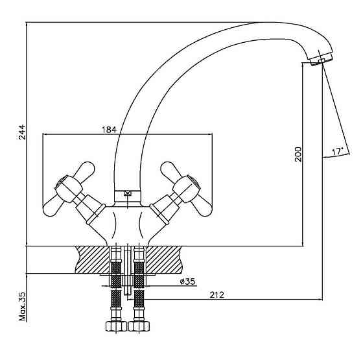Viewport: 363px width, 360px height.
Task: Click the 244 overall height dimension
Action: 22,132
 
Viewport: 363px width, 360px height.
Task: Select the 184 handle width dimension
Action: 109,130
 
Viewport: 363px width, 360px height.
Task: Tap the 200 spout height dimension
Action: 298,154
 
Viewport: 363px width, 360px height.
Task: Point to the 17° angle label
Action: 337,151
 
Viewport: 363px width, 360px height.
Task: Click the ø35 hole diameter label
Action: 187,282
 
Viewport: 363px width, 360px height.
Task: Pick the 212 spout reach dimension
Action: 217,295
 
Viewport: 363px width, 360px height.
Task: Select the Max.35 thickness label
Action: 23,306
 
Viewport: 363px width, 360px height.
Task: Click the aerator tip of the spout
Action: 321,60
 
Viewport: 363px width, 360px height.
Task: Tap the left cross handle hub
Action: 69,189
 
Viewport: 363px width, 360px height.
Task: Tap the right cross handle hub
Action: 187,189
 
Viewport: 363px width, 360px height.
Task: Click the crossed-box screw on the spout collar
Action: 127,193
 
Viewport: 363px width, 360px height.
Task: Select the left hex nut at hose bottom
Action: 116,326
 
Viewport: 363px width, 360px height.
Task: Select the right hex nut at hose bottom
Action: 139,326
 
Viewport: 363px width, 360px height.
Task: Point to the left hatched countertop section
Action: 92,259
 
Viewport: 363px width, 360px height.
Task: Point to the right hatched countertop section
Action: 164,259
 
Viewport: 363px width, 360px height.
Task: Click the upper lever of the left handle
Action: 84,171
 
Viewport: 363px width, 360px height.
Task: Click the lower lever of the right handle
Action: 202,207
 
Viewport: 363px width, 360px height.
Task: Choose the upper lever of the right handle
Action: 171,171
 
